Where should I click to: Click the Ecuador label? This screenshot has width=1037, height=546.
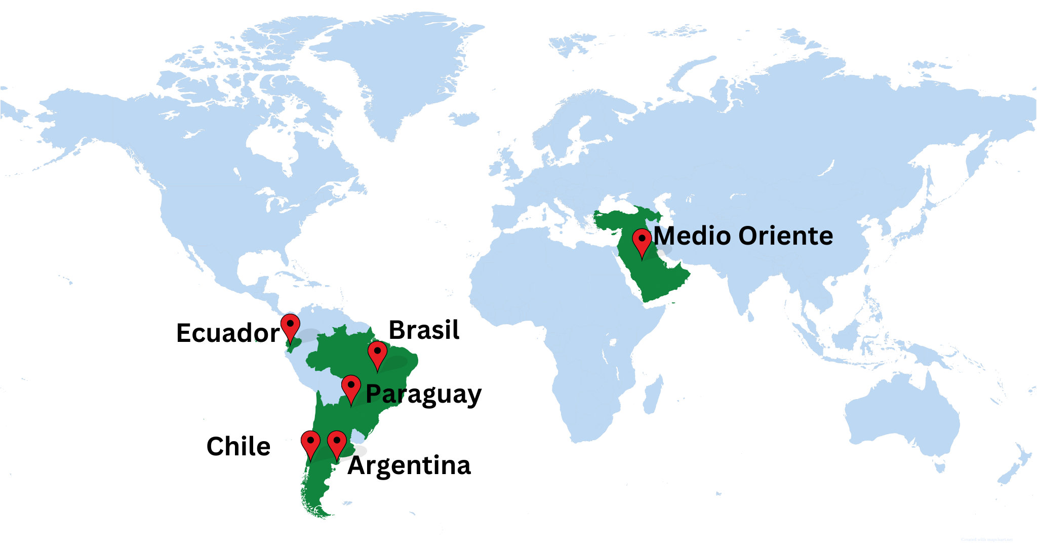[x=227, y=333]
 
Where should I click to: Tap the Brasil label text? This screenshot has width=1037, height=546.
[x=424, y=330]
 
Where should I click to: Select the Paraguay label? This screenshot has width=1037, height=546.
[x=423, y=395]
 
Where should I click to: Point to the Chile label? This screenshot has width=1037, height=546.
[x=238, y=447]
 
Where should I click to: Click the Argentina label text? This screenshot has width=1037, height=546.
[x=409, y=465]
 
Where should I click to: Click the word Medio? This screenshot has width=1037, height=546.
[x=692, y=236]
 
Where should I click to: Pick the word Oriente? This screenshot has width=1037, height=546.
[x=785, y=236]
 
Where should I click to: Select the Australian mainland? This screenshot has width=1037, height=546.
[x=906, y=420]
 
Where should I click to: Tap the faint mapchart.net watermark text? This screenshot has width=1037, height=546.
[x=986, y=540]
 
